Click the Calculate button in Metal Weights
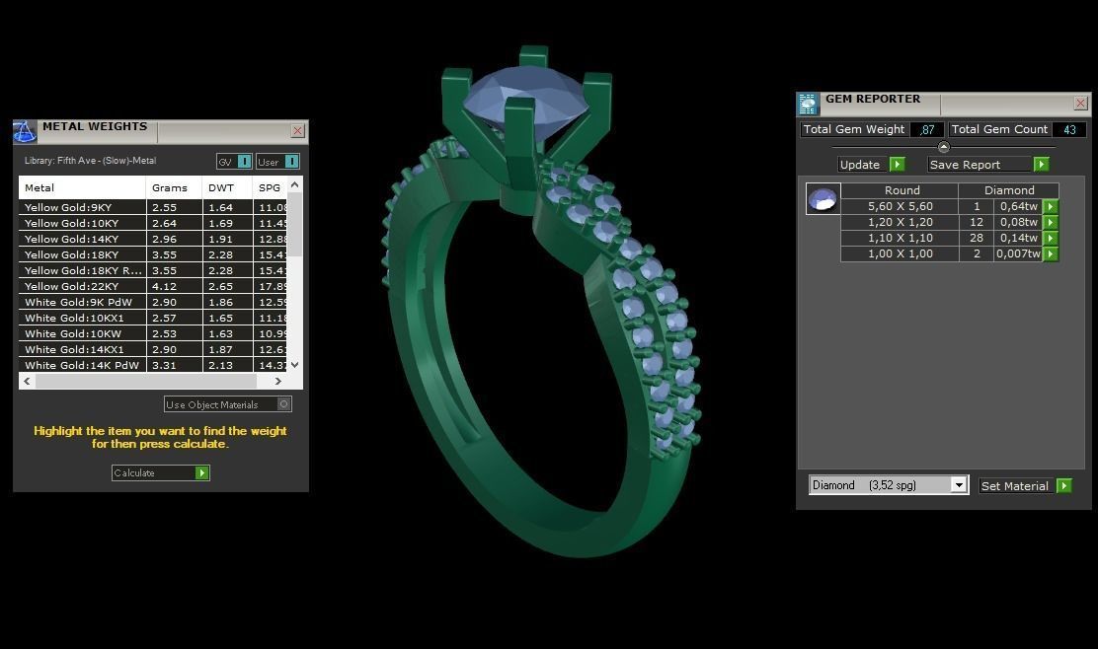coord(160,473)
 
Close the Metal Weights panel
coord(297,131)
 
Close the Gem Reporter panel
coord(1080,104)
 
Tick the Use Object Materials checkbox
coord(283,404)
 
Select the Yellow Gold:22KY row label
coord(82,286)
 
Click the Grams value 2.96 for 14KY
coord(164,239)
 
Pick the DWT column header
coord(221,187)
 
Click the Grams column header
coord(170,187)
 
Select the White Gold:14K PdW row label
coord(82,365)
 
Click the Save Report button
coord(987,165)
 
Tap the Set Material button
coord(1025,486)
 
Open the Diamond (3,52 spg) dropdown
coord(958,485)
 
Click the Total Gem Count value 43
coord(1068,129)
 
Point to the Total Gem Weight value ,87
coord(926,129)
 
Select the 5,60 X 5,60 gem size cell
coord(900,206)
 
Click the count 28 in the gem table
coord(977,238)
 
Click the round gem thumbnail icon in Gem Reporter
coord(823,199)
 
